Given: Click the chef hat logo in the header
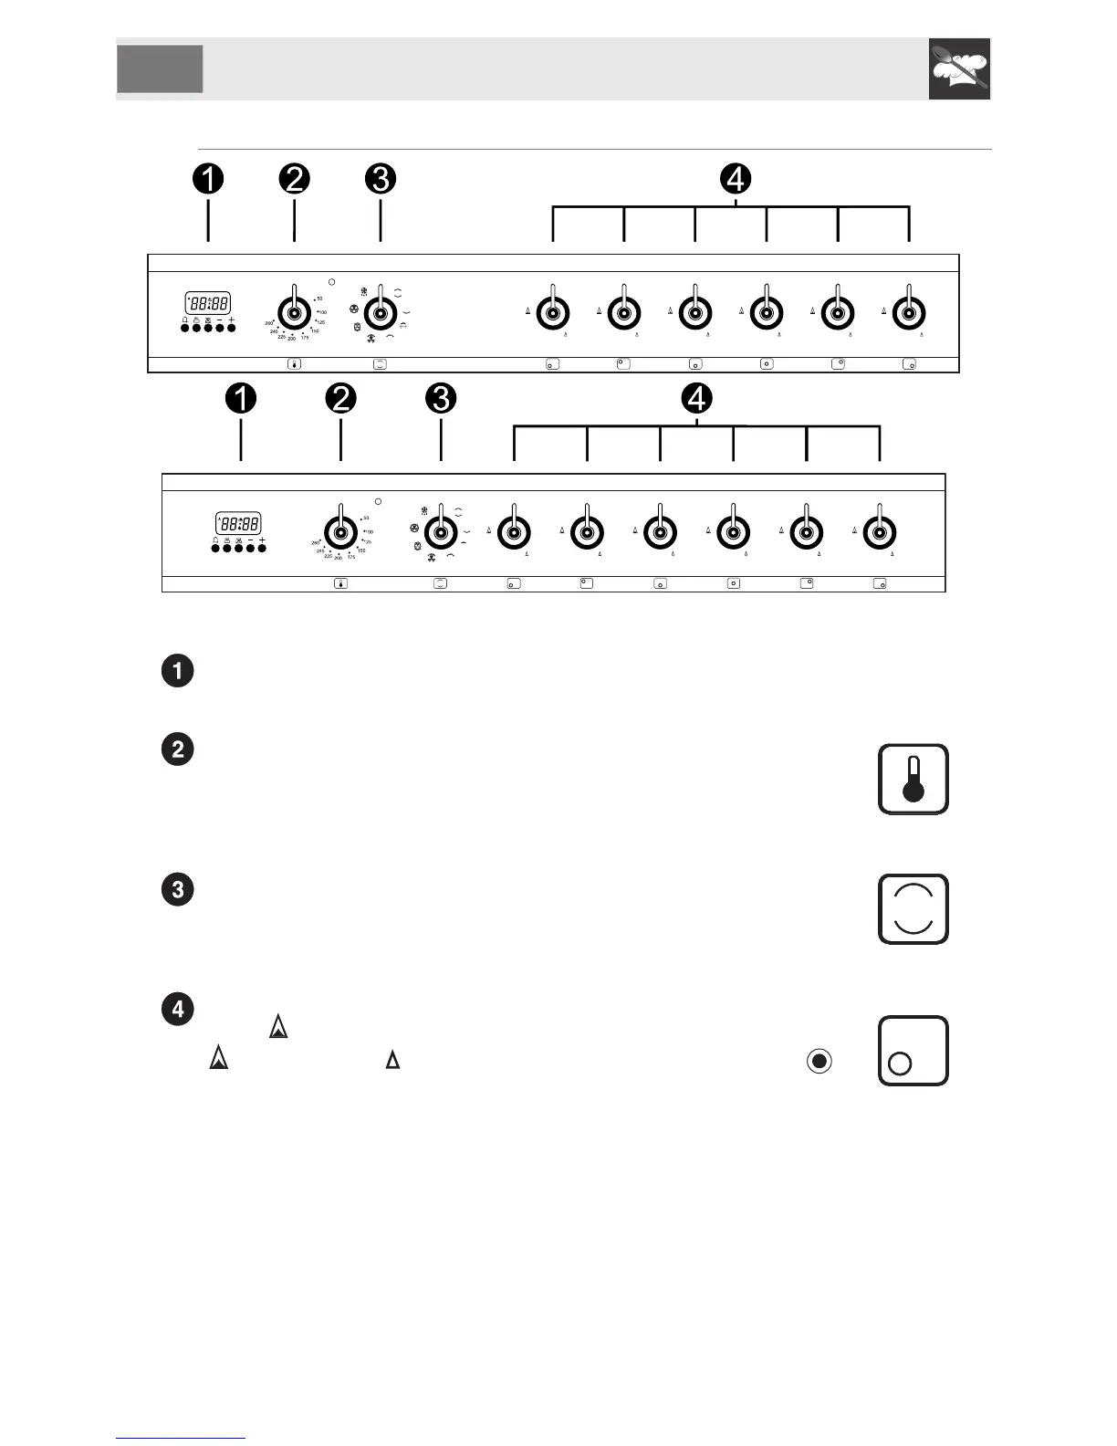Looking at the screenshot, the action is coord(959,68).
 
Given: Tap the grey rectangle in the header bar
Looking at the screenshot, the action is coord(160,68).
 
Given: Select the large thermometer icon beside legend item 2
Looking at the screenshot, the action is coord(913,779).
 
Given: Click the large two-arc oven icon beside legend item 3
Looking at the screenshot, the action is coord(913,909).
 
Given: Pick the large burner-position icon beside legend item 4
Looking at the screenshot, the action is coord(913,1051).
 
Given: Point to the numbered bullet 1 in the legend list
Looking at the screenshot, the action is coord(177,671).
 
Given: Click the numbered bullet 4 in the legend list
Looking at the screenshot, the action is coord(177,1009).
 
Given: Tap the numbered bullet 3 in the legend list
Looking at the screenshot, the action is coord(177,889).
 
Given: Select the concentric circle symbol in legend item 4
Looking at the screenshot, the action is coord(819,1061).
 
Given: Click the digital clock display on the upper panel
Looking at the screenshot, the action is coord(208,303).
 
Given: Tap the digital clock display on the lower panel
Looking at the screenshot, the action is coord(238,523).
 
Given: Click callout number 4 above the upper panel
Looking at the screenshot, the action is coord(736,178).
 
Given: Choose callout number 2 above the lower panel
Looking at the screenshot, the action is coord(340,398).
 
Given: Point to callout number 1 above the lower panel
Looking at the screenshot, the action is coord(241,398).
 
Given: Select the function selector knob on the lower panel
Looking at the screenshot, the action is coord(441,531).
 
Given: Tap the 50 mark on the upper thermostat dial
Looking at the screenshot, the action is coord(318,299).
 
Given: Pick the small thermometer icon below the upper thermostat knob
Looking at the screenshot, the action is coord(294,364).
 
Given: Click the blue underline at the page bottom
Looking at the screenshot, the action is coord(181,1439).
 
